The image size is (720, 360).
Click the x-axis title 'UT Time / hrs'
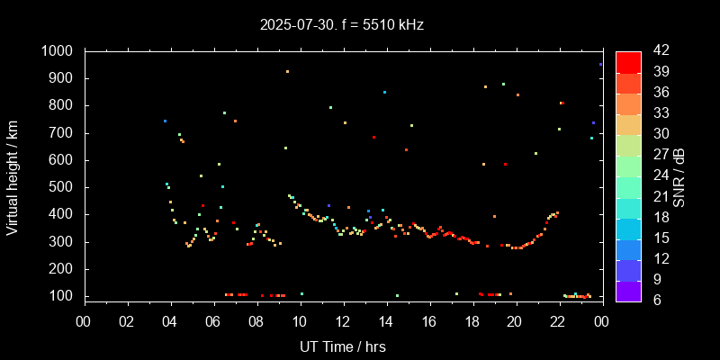point(343,346)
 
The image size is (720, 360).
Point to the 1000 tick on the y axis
point(60,51)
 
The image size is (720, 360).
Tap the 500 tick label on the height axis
point(65,187)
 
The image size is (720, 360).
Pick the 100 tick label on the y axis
point(65,296)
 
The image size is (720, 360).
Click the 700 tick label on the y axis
point(65,133)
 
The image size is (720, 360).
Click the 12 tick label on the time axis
point(343,321)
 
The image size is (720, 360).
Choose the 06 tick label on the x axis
point(213,321)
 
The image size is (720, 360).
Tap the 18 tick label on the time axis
point(472,321)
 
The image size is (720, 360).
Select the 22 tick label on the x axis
point(558,321)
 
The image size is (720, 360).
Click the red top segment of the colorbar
point(628,61)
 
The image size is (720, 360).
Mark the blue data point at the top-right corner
point(600,65)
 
